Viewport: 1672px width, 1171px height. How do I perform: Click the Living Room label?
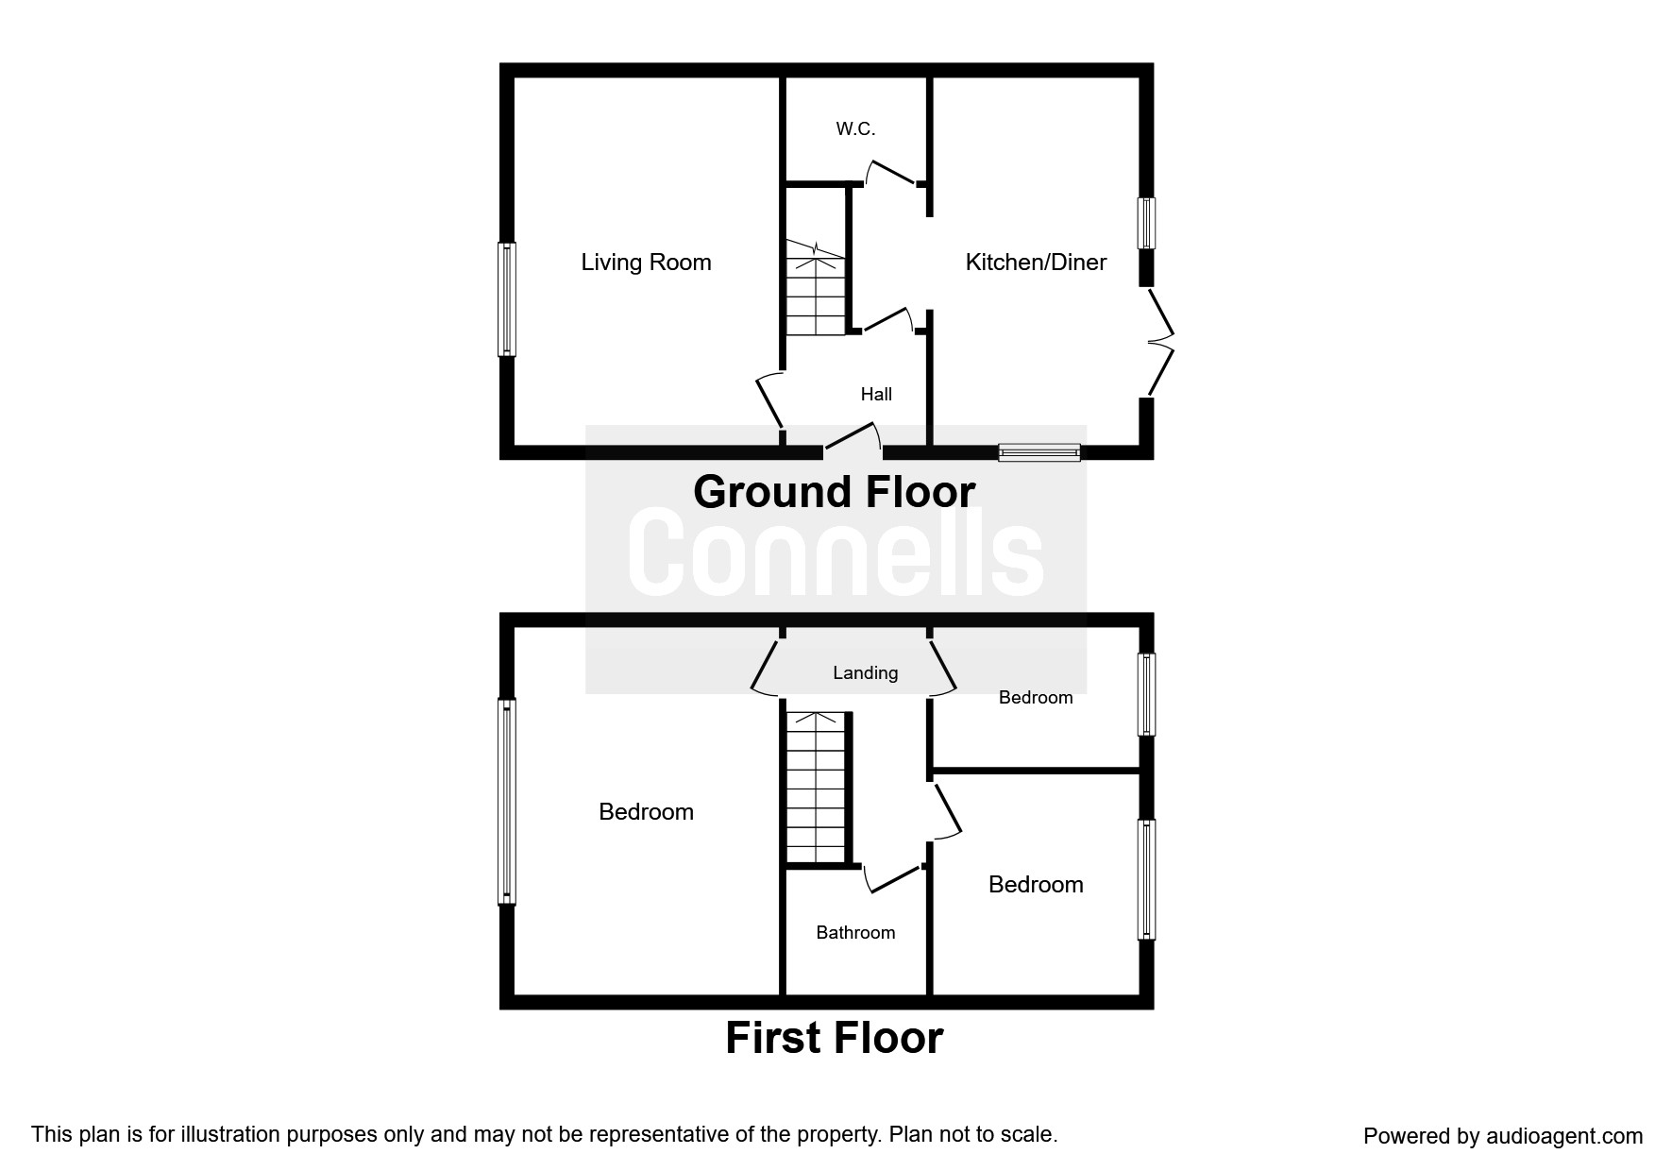pos(646,263)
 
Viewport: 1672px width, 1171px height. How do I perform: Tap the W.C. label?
pos(855,129)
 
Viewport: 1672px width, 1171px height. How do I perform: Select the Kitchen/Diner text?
pos(1036,263)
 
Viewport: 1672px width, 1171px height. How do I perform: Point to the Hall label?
pos(876,394)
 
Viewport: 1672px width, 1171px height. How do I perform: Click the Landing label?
pos(865,673)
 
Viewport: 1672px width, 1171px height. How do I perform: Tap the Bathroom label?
pos(855,933)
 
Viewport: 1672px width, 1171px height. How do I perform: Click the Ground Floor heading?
pos(835,492)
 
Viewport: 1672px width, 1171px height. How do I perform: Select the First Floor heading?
pos(835,1038)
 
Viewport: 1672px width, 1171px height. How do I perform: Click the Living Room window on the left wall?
pos(507,299)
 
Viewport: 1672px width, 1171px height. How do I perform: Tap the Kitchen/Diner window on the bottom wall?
pos(1039,453)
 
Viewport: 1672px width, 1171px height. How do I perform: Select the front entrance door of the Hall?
pos(853,438)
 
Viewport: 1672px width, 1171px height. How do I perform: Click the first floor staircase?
pos(817,788)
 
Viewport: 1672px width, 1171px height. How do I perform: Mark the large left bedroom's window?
pos(507,802)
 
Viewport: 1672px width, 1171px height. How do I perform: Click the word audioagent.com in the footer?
pos(1564,1136)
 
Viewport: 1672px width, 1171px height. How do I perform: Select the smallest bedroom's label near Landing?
pos(1036,698)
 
